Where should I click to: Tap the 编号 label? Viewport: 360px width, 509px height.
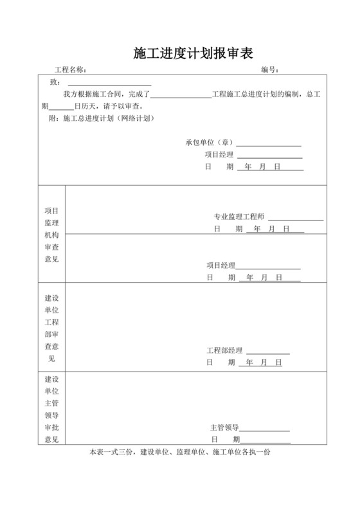click(269, 70)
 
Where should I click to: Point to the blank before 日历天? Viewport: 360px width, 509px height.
click(62, 108)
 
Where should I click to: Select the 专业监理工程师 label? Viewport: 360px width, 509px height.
click(239, 217)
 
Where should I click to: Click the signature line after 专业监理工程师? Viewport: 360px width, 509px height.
click(296, 219)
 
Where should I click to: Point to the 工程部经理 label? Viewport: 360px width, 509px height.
click(224, 350)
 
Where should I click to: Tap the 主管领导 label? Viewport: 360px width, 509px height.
click(224, 427)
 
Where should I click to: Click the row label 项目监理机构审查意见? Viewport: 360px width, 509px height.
click(51, 235)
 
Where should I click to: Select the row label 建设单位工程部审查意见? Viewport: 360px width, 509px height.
click(51, 328)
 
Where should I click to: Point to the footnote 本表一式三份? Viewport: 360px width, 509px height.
click(180, 453)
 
